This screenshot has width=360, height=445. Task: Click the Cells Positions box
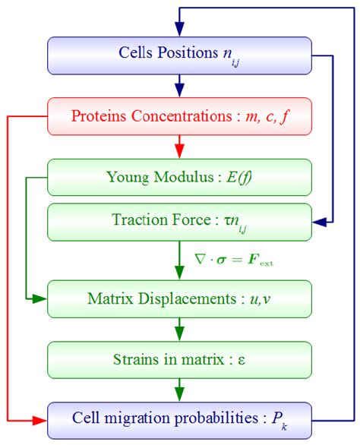180,54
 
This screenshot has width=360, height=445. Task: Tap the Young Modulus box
180,178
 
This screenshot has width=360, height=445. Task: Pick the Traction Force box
180,222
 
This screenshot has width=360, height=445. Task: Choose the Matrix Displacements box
180,298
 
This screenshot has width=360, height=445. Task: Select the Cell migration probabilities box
180,419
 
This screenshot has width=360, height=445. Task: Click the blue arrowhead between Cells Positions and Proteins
180,87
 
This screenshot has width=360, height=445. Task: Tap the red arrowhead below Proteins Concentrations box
180,148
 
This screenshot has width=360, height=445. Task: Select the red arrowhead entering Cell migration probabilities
41,419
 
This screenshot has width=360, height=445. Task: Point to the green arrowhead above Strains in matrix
180,333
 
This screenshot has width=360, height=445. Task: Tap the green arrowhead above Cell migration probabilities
180,393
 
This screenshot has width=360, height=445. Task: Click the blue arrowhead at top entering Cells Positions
180,29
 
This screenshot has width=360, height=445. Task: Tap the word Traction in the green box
134,222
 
